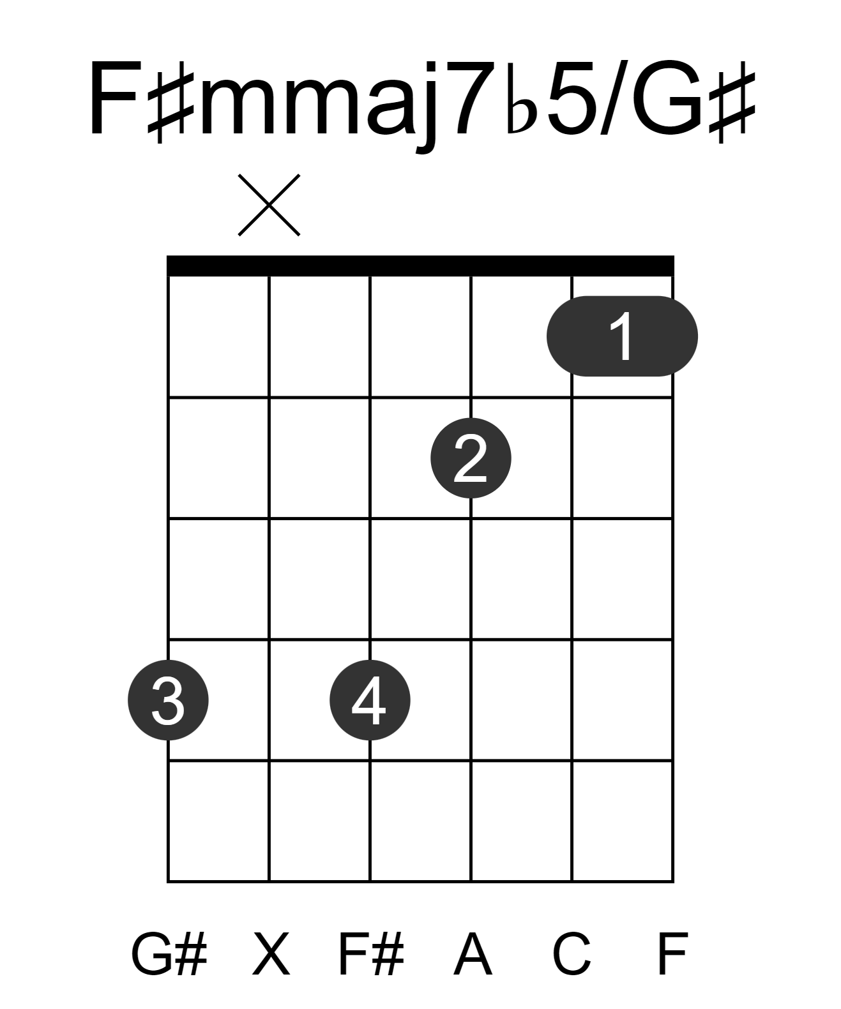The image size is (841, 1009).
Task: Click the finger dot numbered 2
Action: pos(471,458)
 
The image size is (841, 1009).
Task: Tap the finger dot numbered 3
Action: pos(168,699)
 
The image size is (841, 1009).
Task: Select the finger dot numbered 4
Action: pos(370,699)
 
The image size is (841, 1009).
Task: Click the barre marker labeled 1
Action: pos(622,336)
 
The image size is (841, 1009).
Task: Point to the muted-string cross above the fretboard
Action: pos(269,205)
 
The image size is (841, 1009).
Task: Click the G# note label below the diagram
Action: pos(169,954)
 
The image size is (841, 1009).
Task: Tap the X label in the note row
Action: pos(271,954)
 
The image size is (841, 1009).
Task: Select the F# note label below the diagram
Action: pos(371,954)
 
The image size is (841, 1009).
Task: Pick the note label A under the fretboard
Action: pos(473,954)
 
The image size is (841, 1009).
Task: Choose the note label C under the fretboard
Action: pos(572,954)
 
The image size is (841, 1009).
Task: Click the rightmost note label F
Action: pos(672,954)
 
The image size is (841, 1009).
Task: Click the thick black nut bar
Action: pos(420,265)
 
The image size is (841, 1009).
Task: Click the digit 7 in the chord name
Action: pos(475,98)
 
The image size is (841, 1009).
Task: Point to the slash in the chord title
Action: pos(614,98)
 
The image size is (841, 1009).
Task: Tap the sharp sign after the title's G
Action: pos(731,102)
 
